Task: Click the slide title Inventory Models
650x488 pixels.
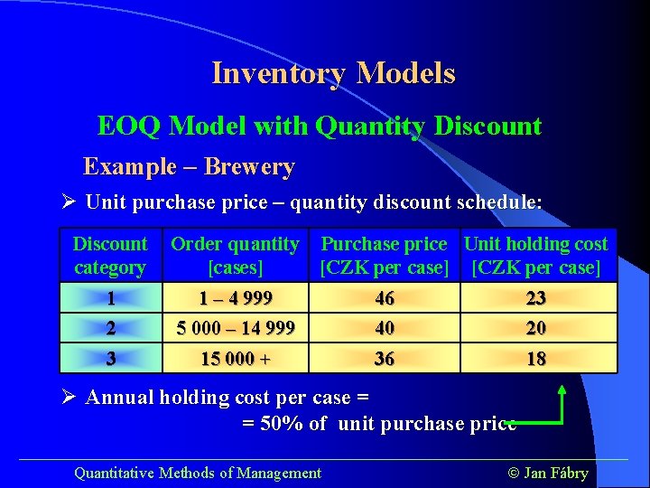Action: tap(333, 73)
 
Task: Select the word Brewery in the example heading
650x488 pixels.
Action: tap(249, 167)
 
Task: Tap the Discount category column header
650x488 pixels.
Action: tap(109, 256)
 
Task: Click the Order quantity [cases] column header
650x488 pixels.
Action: tap(235, 256)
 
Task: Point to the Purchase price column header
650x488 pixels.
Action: tap(384, 256)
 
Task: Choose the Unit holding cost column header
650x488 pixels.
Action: tap(535, 256)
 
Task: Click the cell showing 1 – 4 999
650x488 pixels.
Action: tap(235, 298)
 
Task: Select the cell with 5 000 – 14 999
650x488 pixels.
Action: tap(235, 328)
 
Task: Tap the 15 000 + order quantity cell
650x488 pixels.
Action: tap(235, 359)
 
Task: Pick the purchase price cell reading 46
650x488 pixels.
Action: tap(385, 298)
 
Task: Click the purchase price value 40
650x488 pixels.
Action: tap(385, 328)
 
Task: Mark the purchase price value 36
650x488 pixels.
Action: tap(385, 359)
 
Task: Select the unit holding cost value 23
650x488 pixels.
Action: tap(536, 298)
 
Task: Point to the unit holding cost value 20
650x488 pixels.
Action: tap(536, 328)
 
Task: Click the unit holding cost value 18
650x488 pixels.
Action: tap(536, 359)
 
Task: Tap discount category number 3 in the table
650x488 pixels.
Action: tap(110, 359)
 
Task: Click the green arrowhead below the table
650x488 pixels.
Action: tap(562, 390)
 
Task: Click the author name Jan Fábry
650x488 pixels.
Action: tap(555, 473)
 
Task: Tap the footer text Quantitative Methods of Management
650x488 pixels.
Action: tap(197, 473)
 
